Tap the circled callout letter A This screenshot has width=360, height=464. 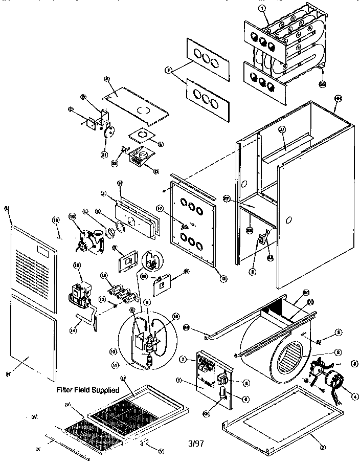pos(107,79)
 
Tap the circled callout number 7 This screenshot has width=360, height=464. pos(196,361)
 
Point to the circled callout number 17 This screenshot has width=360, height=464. pos(174,208)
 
